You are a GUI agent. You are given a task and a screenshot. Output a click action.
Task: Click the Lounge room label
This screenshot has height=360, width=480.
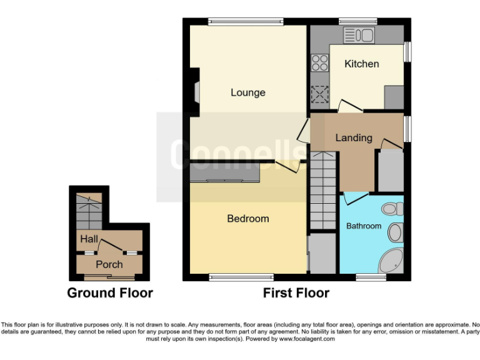(247, 92)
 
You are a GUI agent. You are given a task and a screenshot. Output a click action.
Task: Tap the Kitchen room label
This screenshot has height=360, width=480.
(362, 64)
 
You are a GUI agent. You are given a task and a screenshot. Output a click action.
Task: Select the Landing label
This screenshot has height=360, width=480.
(354, 137)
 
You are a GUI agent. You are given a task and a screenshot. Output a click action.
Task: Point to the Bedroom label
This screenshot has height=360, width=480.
(247, 219)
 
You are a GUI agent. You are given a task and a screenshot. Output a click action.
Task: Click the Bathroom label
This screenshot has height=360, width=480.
(364, 226)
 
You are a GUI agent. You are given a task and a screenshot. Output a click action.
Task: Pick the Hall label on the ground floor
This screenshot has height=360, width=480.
(88, 239)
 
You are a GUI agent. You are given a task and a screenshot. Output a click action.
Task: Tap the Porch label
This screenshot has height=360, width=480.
(109, 264)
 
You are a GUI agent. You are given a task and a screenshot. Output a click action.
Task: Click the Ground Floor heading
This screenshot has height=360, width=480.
(109, 292)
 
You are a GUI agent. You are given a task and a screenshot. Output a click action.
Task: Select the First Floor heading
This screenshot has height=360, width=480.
(296, 292)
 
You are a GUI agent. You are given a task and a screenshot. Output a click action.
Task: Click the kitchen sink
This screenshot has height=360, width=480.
(359, 34)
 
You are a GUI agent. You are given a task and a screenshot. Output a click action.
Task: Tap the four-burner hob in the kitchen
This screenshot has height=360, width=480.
(320, 62)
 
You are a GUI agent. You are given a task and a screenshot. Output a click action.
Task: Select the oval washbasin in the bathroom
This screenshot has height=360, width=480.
(395, 233)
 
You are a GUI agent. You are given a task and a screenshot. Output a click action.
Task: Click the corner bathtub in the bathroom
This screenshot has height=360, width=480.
(392, 262)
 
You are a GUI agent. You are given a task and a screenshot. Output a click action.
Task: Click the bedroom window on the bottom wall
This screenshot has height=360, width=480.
(241, 277)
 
